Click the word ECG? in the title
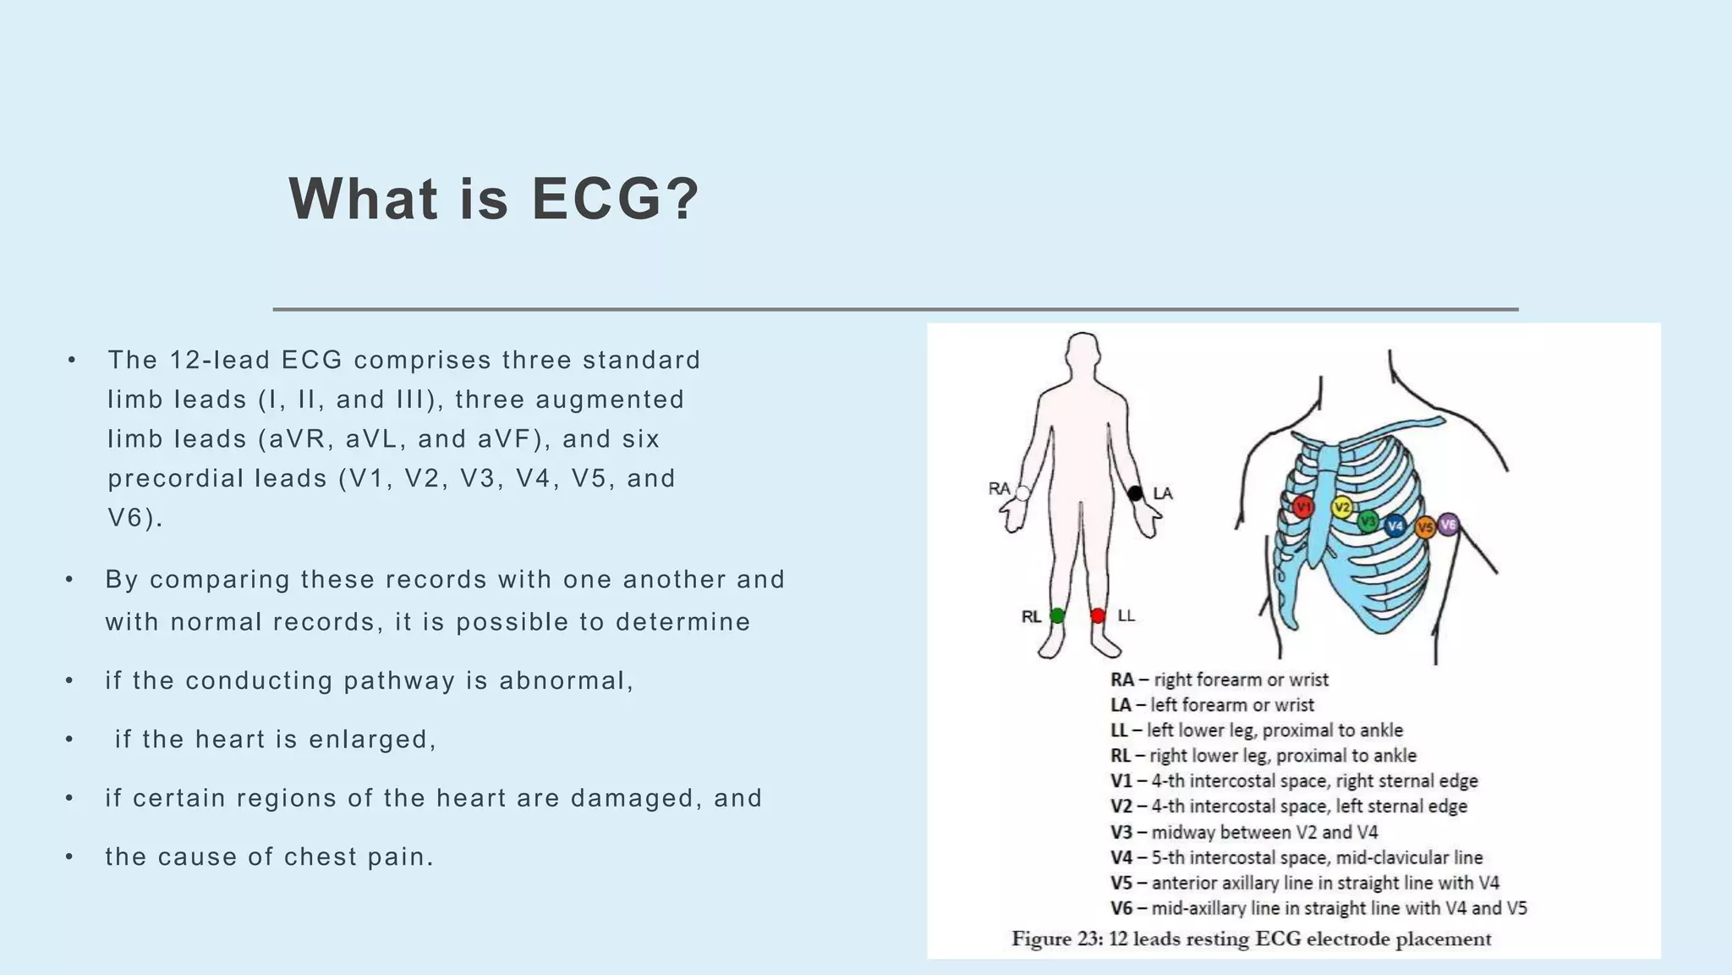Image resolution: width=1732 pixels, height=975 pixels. [x=616, y=200]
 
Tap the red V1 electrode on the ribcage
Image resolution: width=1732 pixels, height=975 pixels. [x=1302, y=507]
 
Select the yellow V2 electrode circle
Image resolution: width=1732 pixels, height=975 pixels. [x=1341, y=508]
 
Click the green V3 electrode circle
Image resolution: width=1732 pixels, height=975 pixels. [x=1368, y=521]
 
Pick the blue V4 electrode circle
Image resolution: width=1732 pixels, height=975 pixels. [x=1395, y=526]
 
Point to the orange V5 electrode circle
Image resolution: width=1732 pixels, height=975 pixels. [x=1425, y=527]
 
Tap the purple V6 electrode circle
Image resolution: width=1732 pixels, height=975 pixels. [x=1448, y=525]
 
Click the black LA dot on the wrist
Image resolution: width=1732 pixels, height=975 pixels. [x=1135, y=493]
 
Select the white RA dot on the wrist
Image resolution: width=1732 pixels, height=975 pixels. [x=1022, y=493]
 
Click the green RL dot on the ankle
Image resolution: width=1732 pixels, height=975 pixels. [x=1057, y=616]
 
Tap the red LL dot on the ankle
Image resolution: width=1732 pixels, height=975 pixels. [x=1098, y=616]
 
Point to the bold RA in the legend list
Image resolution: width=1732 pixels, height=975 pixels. [x=1121, y=680]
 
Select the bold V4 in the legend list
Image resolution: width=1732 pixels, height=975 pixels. [x=1121, y=857]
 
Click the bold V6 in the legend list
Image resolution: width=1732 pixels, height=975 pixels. [x=1121, y=908]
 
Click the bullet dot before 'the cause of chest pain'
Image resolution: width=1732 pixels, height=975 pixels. [x=69, y=857]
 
